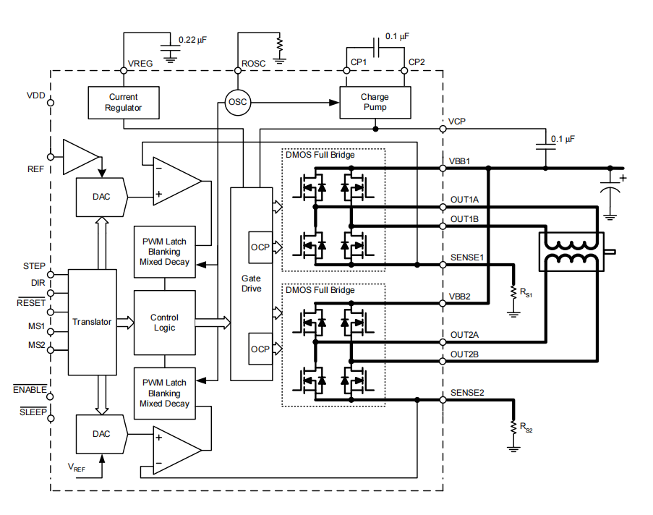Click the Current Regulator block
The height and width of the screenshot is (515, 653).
(123, 103)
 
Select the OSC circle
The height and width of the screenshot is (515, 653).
(238, 102)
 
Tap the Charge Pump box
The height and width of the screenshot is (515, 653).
(375, 103)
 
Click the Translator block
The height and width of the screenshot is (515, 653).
(92, 322)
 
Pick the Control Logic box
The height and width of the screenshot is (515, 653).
(164, 323)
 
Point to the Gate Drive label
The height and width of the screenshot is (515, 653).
(251, 284)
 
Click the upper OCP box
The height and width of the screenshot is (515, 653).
(260, 247)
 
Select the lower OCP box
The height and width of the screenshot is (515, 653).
(260, 349)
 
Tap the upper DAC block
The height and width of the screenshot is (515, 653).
(102, 197)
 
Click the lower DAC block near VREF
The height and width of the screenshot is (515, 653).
(102, 434)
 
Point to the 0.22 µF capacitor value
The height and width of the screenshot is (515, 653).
(193, 40)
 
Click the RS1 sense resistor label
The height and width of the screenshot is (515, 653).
(526, 293)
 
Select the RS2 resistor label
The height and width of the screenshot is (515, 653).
(526, 428)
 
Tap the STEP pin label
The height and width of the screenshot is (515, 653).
(34, 266)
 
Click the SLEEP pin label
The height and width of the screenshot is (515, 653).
(33, 412)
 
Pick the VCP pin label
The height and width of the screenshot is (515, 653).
(457, 122)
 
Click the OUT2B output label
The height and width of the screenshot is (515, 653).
(464, 354)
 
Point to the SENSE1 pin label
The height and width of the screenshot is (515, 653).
(467, 257)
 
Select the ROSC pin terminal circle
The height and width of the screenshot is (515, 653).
(238, 71)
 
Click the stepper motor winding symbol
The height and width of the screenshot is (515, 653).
(571, 252)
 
